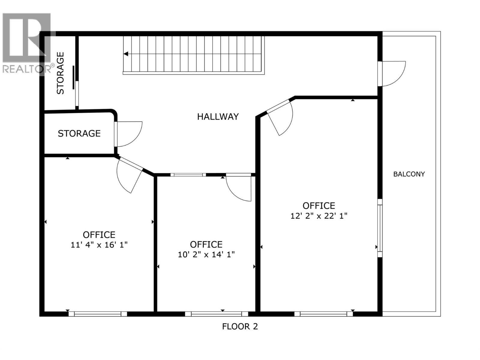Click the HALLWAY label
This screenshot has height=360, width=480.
tap(218, 116)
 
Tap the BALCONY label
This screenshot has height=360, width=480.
tap(409, 174)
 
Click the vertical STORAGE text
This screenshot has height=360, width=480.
tap(61, 73)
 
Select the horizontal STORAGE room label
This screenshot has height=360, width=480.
tap(79, 133)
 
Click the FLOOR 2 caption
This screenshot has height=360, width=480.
tap(240, 326)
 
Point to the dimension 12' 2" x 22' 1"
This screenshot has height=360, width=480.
tap(319, 216)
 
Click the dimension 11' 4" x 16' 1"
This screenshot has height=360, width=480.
tap(99, 245)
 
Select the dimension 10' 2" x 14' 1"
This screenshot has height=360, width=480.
tap(206, 255)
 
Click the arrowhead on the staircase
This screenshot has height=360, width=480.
tap(126, 54)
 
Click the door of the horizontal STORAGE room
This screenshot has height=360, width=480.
tap(128, 134)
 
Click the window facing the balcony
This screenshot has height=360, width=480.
tap(380, 228)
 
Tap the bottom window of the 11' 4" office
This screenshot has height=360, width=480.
tap(97, 314)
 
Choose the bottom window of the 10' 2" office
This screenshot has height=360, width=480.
tap(216, 314)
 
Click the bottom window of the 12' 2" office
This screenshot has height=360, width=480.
tap(323, 314)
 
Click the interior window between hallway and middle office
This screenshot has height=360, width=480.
tap(188, 175)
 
